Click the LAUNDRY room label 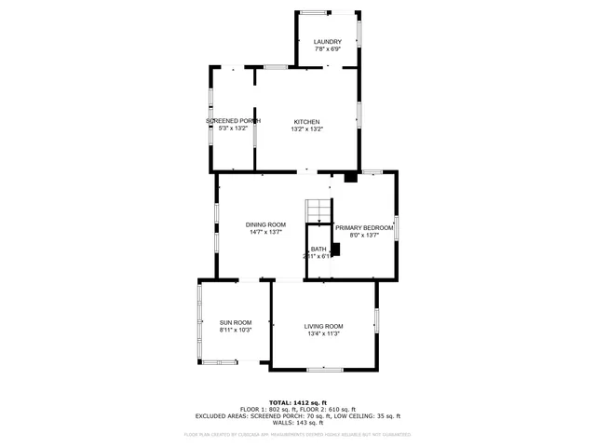click(x=327, y=42)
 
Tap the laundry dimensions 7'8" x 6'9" click(x=327, y=49)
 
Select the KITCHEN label click(x=307, y=122)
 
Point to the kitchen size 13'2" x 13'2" click(x=307, y=129)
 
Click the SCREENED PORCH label click(x=233, y=121)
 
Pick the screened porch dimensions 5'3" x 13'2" click(x=233, y=129)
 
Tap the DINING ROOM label click(x=265, y=224)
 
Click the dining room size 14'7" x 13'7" click(x=265, y=232)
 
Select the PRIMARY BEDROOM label click(x=364, y=227)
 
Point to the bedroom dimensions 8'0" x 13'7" click(x=364, y=235)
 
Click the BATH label click(x=318, y=249)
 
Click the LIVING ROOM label click(x=323, y=326)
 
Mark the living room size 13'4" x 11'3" click(x=323, y=333)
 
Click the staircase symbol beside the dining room click(x=318, y=210)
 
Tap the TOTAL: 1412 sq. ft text click(x=299, y=402)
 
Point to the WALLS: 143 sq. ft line click(x=299, y=423)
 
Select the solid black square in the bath click(x=335, y=249)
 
